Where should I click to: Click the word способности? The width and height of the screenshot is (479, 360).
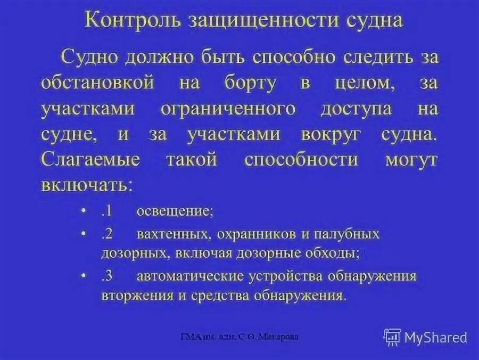click(309, 160)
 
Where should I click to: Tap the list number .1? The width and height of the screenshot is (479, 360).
click(105, 210)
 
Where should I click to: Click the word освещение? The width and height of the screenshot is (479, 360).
click(175, 211)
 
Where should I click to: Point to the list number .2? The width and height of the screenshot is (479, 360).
click(105, 234)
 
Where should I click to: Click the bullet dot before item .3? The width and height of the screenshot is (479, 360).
click(84, 276)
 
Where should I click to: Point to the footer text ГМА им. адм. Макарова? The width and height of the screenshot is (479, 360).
click(240, 337)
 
